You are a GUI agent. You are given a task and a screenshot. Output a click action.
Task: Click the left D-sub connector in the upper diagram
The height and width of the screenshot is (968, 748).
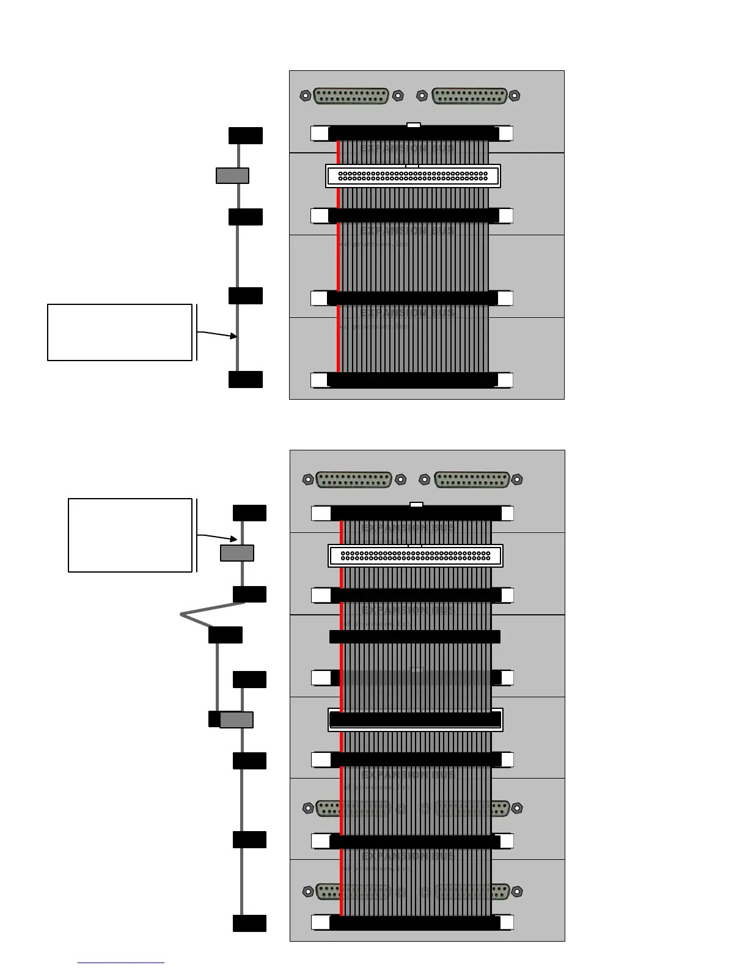(351, 96)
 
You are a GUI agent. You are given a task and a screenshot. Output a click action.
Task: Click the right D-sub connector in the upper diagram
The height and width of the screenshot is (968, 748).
(469, 96)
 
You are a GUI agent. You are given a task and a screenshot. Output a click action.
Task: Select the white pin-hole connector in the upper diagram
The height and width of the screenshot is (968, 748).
(413, 176)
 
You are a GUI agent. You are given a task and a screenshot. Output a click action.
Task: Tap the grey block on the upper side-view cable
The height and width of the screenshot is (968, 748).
(232, 175)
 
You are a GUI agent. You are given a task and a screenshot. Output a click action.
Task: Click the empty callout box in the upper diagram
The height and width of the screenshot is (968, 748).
(120, 332)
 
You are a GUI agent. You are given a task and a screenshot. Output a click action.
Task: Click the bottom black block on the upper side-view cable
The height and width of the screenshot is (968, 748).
(246, 380)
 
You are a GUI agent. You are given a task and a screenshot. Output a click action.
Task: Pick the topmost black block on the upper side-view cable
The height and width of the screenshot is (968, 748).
(246, 136)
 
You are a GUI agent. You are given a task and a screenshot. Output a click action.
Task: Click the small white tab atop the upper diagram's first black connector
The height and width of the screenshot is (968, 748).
(414, 125)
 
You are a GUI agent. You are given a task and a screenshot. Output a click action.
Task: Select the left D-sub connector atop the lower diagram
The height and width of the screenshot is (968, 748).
(354, 480)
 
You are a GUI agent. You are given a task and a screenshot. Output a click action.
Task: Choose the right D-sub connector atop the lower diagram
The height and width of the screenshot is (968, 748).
(472, 480)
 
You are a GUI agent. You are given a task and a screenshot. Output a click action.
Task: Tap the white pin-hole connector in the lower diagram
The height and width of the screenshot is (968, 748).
(416, 556)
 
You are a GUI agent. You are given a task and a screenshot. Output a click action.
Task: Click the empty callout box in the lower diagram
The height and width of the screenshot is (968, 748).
(130, 535)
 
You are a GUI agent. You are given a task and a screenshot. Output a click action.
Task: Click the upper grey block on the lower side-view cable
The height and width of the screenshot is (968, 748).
(237, 553)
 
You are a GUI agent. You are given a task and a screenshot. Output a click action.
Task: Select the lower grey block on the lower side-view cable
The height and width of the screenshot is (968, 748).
(237, 720)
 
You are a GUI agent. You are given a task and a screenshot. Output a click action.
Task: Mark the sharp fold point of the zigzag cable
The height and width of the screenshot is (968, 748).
(182, 614)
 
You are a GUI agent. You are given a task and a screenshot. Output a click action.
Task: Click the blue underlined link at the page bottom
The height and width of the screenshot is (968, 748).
(121, 963)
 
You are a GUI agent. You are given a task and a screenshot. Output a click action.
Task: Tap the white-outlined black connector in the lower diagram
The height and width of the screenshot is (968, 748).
(416, 720)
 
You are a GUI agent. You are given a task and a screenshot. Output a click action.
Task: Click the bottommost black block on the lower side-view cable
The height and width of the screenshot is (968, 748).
(249, 923)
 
